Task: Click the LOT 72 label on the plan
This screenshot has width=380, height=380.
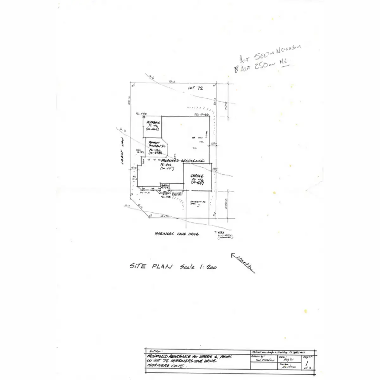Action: pyautogui.click(x=195, y=89)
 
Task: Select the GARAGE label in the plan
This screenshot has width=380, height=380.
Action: pyautogui.click(x=197, y=176)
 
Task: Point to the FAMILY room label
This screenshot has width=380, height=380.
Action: pyautogui.click(x=154, y=143)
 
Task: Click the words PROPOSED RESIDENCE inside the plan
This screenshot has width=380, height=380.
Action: pyautogui.click(x=182, y=161)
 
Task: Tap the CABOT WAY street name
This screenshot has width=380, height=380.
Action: pyautogui.click(x=122, y=153)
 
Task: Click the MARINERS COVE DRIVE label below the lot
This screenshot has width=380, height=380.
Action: pyautogui.click(x=177, y=234)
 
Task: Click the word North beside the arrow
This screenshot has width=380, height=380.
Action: pyautogui.click(x=245, y=263)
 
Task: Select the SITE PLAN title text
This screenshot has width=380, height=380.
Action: pyautogui.click(x=151, y=266)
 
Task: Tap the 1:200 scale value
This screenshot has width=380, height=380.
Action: pyautogui.click(x=208, y=267)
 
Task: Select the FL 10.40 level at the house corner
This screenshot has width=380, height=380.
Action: pyautogui.click(x=201, y=115)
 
